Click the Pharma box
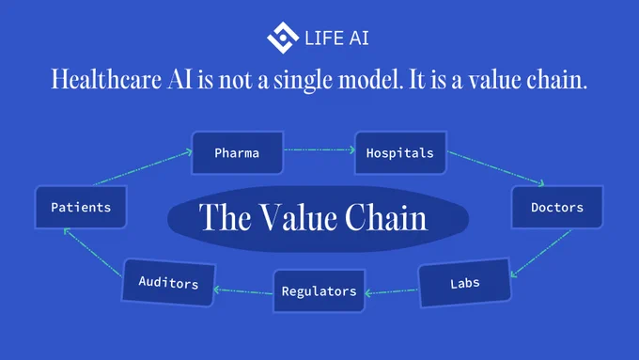point(238,153)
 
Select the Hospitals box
point(400,153)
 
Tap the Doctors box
point(557,207)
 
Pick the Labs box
point(464,283)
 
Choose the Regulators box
point(319,290)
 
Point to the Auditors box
point(168,282)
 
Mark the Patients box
point(81,207)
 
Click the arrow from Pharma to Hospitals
point(319,150)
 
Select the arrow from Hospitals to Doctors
point(496,168)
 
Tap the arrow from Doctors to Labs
point(540,254)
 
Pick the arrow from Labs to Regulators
point(391,292)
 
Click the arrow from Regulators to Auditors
point(243,291)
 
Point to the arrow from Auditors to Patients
point(93,253)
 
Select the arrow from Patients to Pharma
point(143,168)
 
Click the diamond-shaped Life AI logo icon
point(283,38)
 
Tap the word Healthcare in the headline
point(106,79)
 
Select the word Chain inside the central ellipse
point(386,218)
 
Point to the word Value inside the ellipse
point(299,218)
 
